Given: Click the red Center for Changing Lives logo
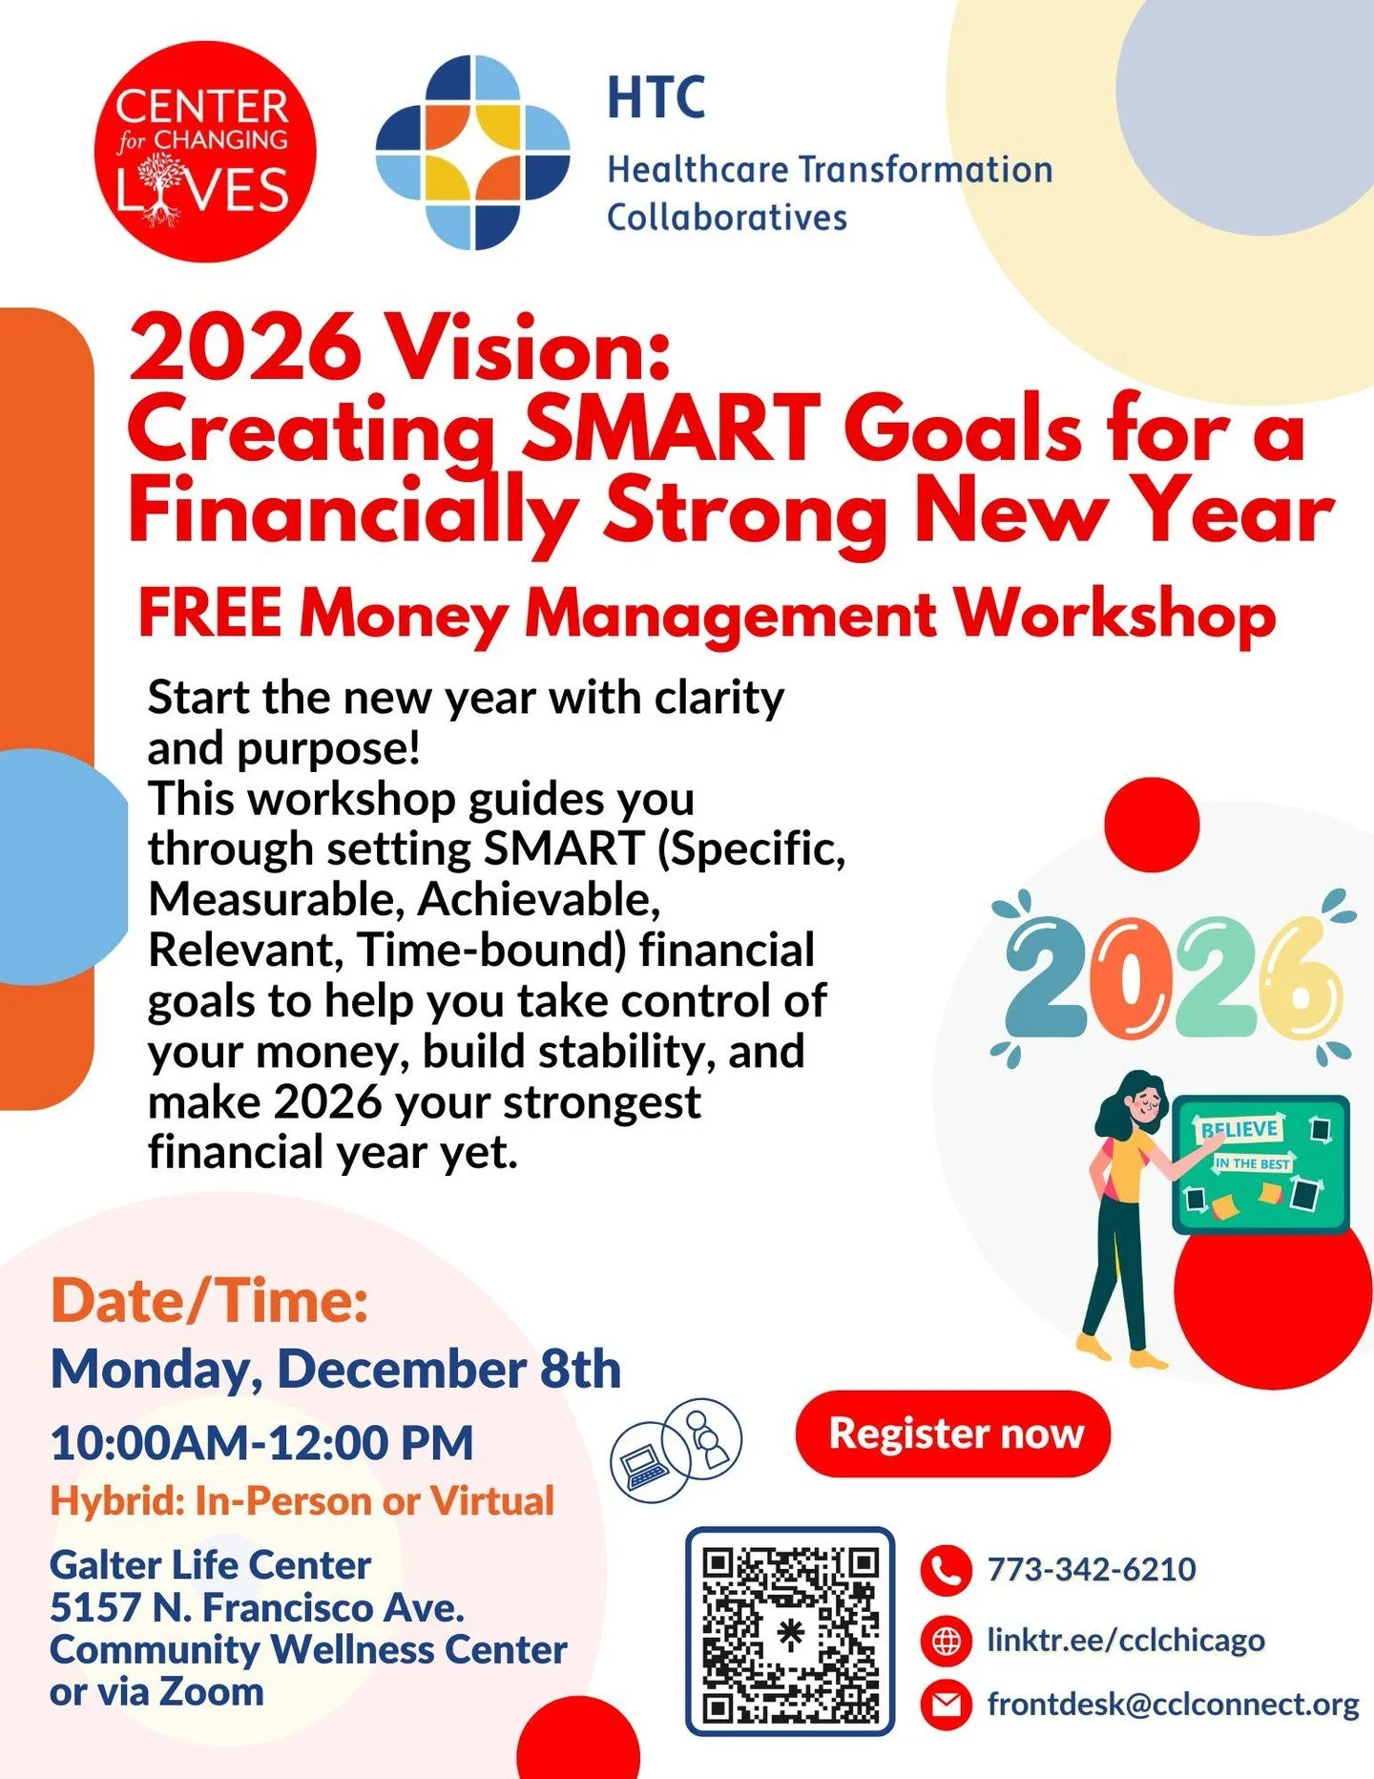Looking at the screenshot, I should tap(204, 151).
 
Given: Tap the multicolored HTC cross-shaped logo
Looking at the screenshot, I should tap(472, 152).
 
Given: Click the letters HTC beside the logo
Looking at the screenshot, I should tap(656, 97).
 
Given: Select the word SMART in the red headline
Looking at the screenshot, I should tap(671, 429).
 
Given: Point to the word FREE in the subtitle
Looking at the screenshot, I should tap(210, 613).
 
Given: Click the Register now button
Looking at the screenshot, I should tap(953, 1434).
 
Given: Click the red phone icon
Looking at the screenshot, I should tap(945, 1570).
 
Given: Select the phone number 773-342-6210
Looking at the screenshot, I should tap(1091, 1570).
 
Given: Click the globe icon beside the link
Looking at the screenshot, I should tap(945, 1641).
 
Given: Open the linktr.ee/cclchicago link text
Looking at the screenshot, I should tap(1125, 1641).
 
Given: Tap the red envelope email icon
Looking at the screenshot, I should tap(945, 1705).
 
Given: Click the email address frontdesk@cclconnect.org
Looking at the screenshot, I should tap(1173, 1705).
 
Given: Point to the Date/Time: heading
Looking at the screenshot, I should tap(209, 1301).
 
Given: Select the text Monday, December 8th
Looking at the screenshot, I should tap(335, 1370).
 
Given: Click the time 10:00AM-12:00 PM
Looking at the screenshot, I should tap(261, 1442).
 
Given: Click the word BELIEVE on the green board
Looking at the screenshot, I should tap(1239, 1130).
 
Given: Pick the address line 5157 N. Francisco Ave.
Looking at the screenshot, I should tap(257, 1608).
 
